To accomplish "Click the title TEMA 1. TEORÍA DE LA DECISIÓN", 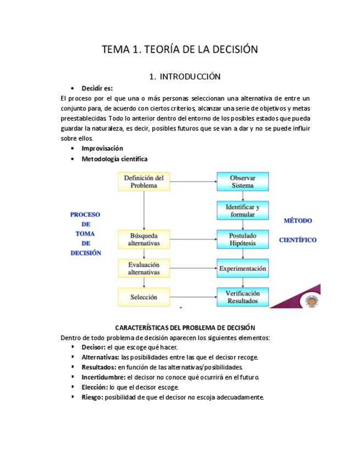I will click(x=180, y=49).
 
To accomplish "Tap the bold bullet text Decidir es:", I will click(x=97, y=88).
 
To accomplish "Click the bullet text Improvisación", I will click(x=102, y=148).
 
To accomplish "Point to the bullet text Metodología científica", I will click(x=114, y=159).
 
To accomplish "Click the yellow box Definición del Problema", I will click(x=143, y=181).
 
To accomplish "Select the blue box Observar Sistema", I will click(x=242, y=181).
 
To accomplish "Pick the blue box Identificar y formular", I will click(x=242, y=211).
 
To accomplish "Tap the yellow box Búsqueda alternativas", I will click(x=143, y=239).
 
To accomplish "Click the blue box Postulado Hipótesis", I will click(x=242, y=239).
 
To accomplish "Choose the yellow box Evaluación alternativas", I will click(x=143, y=268).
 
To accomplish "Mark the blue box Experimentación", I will click(x=242, y=269).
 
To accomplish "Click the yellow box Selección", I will click(x=143, y=297).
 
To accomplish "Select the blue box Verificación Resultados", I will click(x=242, y=297).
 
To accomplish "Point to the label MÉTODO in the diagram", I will click(x=297, y=220).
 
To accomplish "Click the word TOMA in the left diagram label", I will click(x=85, y=234).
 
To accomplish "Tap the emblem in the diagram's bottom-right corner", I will click(x=311, y=302).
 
